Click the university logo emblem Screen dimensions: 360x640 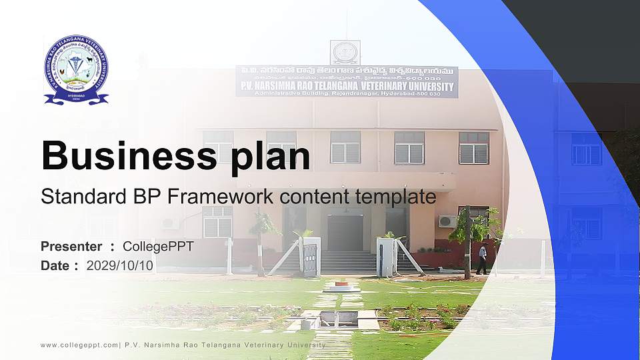[x=76, y=69]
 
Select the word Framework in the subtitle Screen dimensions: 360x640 [x=221, y=197]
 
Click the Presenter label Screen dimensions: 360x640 [x=71, y=247]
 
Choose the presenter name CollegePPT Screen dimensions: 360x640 [x=158, y=247]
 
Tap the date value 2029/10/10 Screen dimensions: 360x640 [x=120, y=265]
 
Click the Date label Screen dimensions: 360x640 [x=55, y=265]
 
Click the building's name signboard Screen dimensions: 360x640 [x=347, y=81]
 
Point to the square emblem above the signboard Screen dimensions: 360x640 [x=345, y=52]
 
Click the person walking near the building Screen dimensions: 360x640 [x=481, y=259]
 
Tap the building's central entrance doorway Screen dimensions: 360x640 [x=345, y=233]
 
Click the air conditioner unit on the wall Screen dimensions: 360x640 [x=447, y=221]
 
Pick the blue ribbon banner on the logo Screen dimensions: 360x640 [x=76, y=98]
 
